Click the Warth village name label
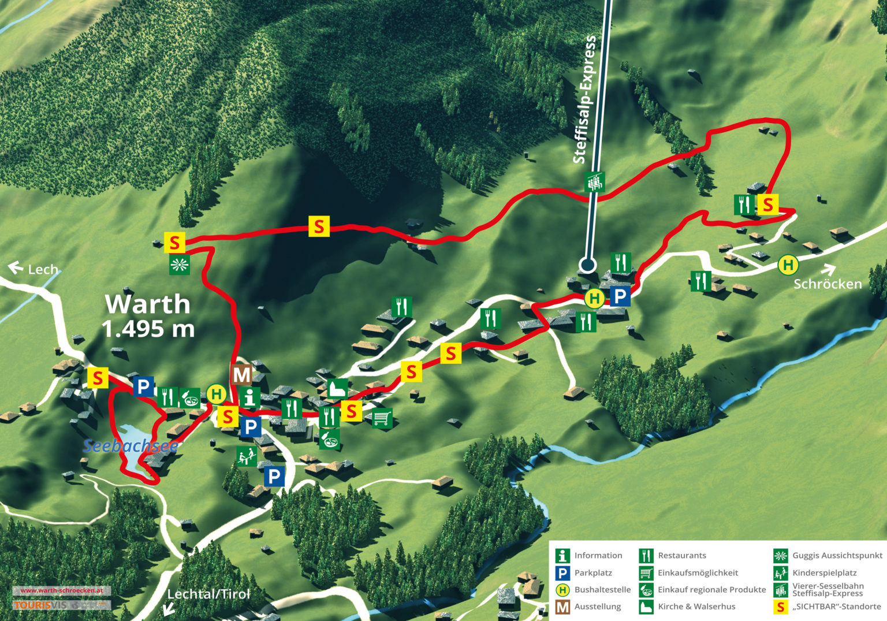pyautogui.click(x=147, y=304)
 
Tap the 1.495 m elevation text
pyautogui.click(x=148, y=329)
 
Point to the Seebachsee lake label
pyautogui.click(x=130, y=446)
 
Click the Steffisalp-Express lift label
pyautogui.click(x=584, y=99)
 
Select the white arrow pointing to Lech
pyautogui.click(x=15, y=267)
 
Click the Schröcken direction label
pyautogui.click(x=827, y=284)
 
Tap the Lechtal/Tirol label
pyautogui.click(x=208, y=594)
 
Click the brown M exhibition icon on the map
pyautogui.click(x=242, y=375)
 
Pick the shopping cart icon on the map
pyautogui.click(x=382, y=417)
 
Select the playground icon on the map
pyautogui.click(x=247, y=456)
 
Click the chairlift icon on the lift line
pyautogui.click(x=594, y=182)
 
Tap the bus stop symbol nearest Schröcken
pyautogui.click(x=788, y=265)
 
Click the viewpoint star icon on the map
pyautogui.click(x=180, y=265)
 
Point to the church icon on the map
pyautogui.click(x=338, y=389)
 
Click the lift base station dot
pyautogui.click(x=587, y=265)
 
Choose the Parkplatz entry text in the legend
pyautogui.click(x=593, y=572)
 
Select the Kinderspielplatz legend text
pyautogui.click(x=824, y=572)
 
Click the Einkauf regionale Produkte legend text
pyautogui.click(x=711, y=590)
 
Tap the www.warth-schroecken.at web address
pyautogui.click(x=61, y=590)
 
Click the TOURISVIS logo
pyautogui.click(x=40, y=605)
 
